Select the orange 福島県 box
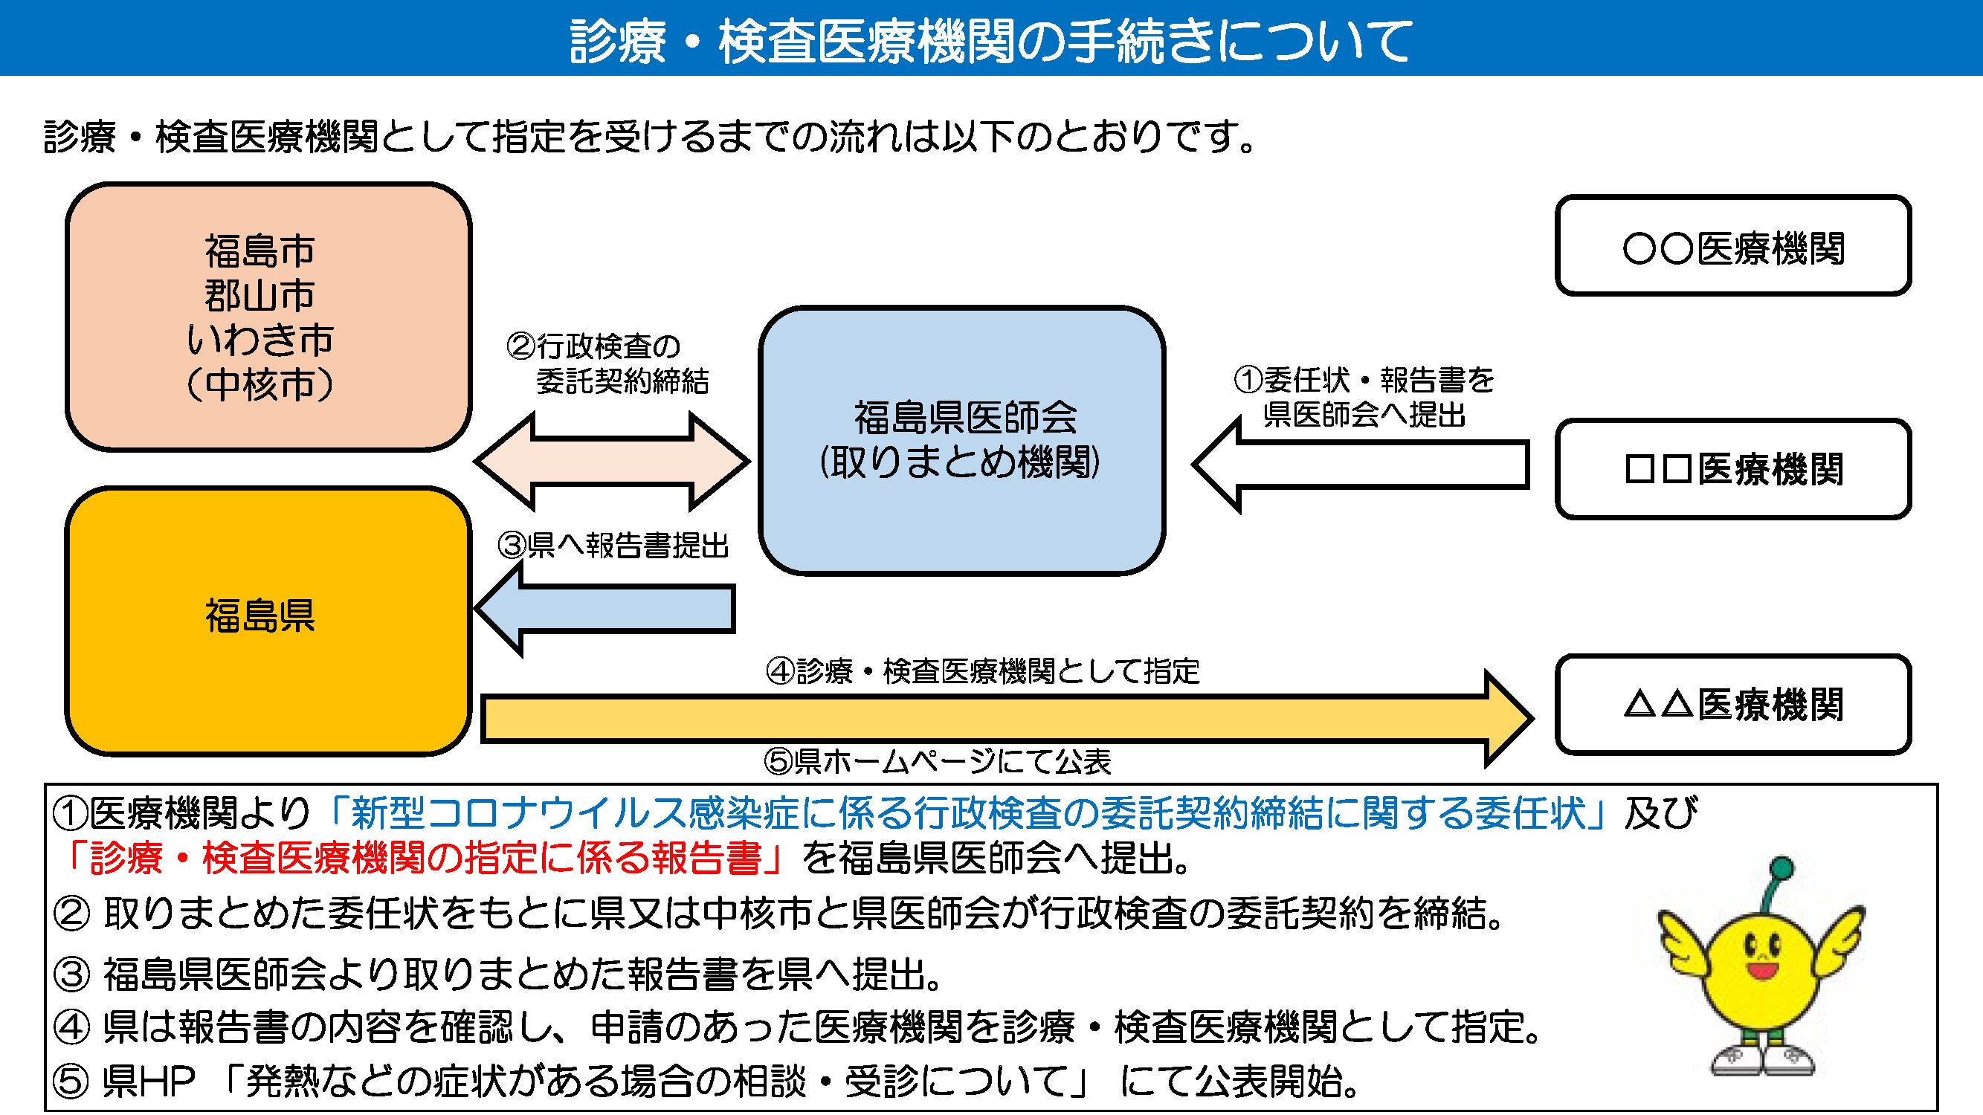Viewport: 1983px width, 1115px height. click(x=267, y=619)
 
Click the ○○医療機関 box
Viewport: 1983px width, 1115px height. click(x=1733, y=245)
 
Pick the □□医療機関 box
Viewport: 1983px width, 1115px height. click(x=1733, y=468)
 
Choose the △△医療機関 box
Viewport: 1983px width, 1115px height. click(x=1733, y=704)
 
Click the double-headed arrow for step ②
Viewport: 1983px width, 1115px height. click(x=612, y=462)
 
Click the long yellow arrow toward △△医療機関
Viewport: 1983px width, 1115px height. click(x=1001, y=719)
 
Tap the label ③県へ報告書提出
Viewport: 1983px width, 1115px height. click(x=613, y=546)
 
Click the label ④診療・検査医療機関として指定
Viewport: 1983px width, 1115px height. click(x=982, y=671)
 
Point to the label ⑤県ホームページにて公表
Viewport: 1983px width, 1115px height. click(x=937, y=762)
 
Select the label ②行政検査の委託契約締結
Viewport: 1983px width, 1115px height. click(x=608, y=363)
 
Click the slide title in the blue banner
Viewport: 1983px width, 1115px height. click(x=990, y=40)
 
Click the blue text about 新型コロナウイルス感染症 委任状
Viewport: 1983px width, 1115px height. click(x=966, y=812)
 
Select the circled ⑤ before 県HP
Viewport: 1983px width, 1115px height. click(x=71, y=1081)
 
